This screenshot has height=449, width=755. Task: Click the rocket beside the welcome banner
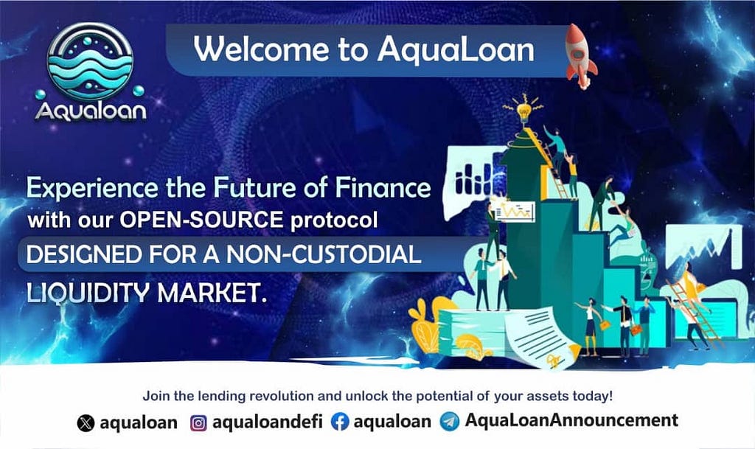(x=581, y=56)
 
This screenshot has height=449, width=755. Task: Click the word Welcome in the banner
(x=262, y=49)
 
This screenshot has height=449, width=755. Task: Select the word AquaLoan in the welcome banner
(x=456, y=51)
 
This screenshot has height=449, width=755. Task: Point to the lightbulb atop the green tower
(x=523, y=111)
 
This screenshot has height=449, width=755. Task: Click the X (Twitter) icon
(x=86, y=423)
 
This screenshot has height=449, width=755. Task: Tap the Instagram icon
(x=198, y=423)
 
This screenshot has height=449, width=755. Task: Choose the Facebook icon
(x=340, y=422)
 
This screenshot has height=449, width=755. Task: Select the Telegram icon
(x=450, y=422)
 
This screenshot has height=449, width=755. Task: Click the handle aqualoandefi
(x=268, y=422)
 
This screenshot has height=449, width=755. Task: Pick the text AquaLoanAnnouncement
(x=571, y=420)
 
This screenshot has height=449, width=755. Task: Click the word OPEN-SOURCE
(x=202, y=220)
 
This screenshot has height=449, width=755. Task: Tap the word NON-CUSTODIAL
(x=324, y=254)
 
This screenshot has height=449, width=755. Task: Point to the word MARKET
(x=212, y=292)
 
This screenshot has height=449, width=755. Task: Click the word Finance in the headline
(x=383, y=187)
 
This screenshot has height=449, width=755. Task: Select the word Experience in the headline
(x=92, y=189)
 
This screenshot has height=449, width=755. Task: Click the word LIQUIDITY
(x=88, y=293)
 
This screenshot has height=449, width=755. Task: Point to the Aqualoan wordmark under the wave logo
(x=91, y=111)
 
